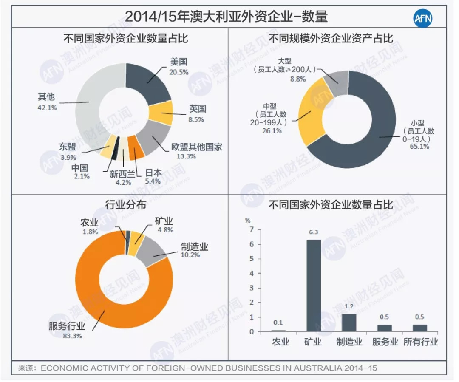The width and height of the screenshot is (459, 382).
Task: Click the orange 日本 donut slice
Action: click(136, 152)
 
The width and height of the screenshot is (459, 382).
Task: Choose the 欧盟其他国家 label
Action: click(197, 147)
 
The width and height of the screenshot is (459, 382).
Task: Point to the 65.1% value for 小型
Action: click(419, 147)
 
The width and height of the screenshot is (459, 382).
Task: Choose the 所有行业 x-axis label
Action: click(420, 342)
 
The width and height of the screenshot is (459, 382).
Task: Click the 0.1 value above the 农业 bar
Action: click(278, 322)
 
